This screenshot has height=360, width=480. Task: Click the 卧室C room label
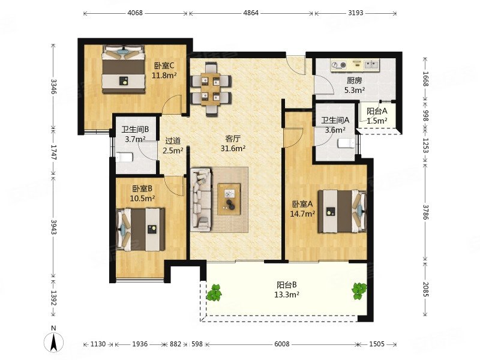tap(164, 65)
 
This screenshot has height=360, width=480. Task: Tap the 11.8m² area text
tap(164, 75)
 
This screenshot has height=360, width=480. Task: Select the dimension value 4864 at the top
tap(251, 13)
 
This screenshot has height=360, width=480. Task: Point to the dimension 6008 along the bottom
tap(281, 344)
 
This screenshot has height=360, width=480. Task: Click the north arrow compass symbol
tap(53, 341)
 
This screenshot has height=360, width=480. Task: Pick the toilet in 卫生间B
tap(124, 157)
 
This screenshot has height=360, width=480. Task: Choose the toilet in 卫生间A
tap(347, 143)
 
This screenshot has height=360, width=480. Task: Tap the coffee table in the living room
tap(229, 199)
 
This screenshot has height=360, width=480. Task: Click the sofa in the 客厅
tap(201, 199)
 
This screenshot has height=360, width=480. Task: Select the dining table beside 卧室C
tap(211, 89)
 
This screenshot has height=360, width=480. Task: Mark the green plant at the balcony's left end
tap(214, 292)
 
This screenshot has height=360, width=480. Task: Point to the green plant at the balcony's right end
tap(359, 291)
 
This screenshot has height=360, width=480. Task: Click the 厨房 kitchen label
tap(355, 80)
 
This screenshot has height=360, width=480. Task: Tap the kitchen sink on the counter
tap(371, 65)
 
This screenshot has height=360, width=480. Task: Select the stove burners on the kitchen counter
tap(339, 65)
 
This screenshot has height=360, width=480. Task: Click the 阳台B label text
tap(287, 285)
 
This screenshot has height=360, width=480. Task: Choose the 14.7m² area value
tap(302, 214)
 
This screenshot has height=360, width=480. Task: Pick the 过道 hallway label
tap(173, 141)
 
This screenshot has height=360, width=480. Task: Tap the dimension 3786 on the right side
tap(425, 212)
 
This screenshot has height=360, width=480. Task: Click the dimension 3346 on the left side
tap(53, 87)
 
